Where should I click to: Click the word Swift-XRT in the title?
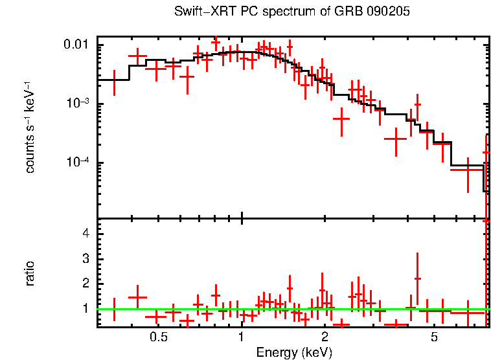click(201, 12)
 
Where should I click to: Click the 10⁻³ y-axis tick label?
click(79, 104)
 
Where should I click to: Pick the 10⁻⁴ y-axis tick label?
click(79, 162)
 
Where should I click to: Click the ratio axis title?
click(29, 273)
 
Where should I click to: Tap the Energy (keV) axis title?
click(293, 352)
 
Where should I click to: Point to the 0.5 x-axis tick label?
click(159, 337)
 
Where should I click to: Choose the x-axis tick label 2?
click(325, 337)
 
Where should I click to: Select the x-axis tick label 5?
click(435, 337)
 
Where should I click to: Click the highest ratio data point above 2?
click(418, 278)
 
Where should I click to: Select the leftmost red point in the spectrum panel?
click(114, 80)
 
